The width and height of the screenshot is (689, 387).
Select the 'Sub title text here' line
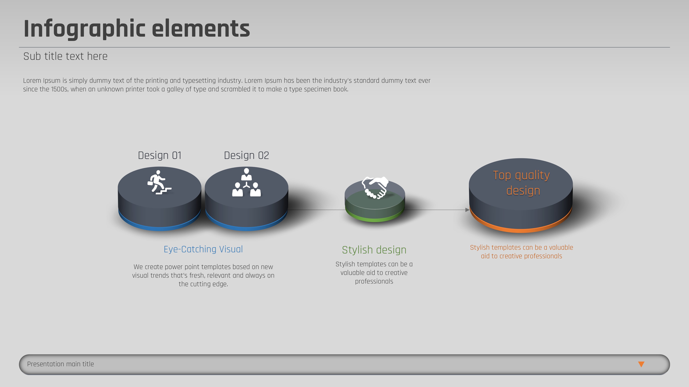(x=65, y=56)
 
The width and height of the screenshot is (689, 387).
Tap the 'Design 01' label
(x=160, y=155)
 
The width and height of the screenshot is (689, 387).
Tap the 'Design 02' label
(x=246, y=155)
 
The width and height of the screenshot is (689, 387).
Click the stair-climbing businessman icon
(x=159, y=182)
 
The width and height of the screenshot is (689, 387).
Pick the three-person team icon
(x=246, y=182)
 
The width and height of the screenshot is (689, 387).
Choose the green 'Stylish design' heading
(x=374, y=250)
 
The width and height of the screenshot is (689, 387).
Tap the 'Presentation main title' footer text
(x=60, y=364)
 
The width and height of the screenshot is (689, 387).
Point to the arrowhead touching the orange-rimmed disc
(x=467, y=210)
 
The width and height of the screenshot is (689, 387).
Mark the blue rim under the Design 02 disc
(x=246, y=228)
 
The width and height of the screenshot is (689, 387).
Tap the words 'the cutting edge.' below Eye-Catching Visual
(x=203, y=284)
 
